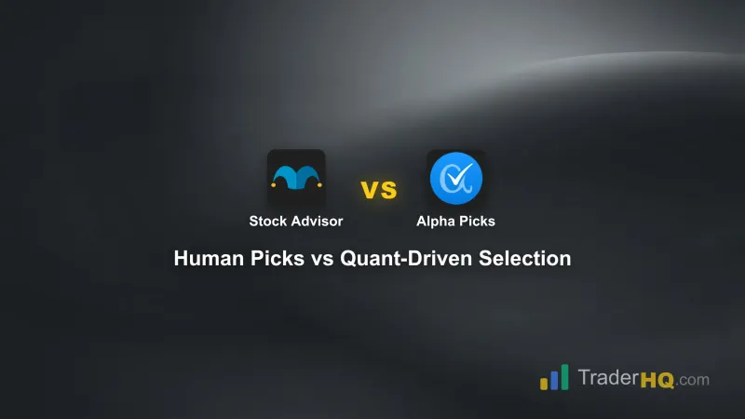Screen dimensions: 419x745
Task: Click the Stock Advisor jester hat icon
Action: [x=296, y=178]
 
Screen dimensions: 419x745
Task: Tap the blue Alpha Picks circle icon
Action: [x=455, y=178]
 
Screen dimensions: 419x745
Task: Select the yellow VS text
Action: [x=378, y=190]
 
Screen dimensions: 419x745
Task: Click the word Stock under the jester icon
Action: [x=267, y=222]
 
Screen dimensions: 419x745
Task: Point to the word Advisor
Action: [x=317, y=222]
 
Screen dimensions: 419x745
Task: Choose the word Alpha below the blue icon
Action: [x=434, y=222]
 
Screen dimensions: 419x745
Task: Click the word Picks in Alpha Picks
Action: [x=477, y=222]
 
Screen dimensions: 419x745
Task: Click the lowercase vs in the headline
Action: [x=322, y=259]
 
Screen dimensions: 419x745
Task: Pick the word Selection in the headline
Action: [x=524, y=259]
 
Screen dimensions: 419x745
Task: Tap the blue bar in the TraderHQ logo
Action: [x=553, y=379]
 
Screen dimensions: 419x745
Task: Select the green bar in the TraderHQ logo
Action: [x=564, y=376]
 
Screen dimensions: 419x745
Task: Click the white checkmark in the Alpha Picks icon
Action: [x=458, y=176]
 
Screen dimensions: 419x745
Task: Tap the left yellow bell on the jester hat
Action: [x=272, y=185]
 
